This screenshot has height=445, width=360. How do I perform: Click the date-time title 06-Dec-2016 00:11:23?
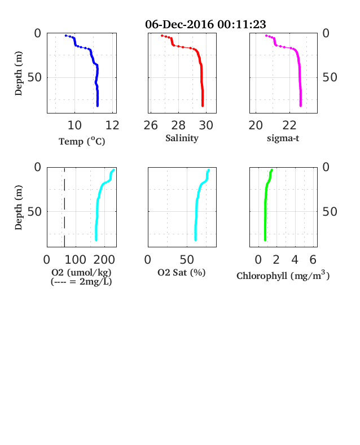click(x=205, y=24)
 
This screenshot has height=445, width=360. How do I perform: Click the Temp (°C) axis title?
click(x=82, y=141)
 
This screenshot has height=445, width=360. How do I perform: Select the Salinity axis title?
click(x=182, y=138)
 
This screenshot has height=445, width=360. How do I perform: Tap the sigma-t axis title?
click(x=283, y=138)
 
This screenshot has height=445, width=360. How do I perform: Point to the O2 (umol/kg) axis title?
click(x=81, y=272)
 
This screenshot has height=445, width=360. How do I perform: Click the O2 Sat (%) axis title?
click(x=182, y=272)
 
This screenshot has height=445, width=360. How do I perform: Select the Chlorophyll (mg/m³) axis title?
click(x=283, y=276)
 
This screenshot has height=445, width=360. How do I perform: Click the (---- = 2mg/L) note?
click(x=81, y=282)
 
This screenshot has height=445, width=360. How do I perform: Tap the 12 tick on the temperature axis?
click(x=112, y=125)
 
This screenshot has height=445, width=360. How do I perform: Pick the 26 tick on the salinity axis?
click(x=151, y=125)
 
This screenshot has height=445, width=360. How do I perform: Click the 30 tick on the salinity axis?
click(x=206, y=125)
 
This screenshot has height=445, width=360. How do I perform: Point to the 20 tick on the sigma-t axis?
click(x=256, y=125)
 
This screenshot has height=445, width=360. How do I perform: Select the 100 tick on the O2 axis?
click(x=76, y=260)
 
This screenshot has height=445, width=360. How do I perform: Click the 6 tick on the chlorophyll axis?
click(x=313, y=260)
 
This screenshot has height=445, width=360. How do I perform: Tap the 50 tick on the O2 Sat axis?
click(x=187, y=260)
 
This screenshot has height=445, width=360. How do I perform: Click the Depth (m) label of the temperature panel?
click(x=18, y=73)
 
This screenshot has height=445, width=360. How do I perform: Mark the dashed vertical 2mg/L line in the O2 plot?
click(x=64, y=207)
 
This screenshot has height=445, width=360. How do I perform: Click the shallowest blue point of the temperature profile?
click(x=66, y=36)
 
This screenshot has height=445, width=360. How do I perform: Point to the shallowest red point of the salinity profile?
click(x=162, y=36)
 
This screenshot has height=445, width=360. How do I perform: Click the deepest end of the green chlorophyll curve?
click(x=265, y=240)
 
